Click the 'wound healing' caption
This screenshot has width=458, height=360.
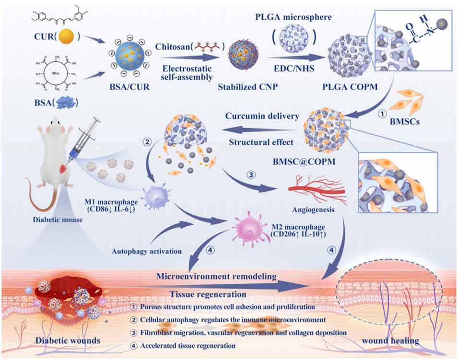tap(391, 341)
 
